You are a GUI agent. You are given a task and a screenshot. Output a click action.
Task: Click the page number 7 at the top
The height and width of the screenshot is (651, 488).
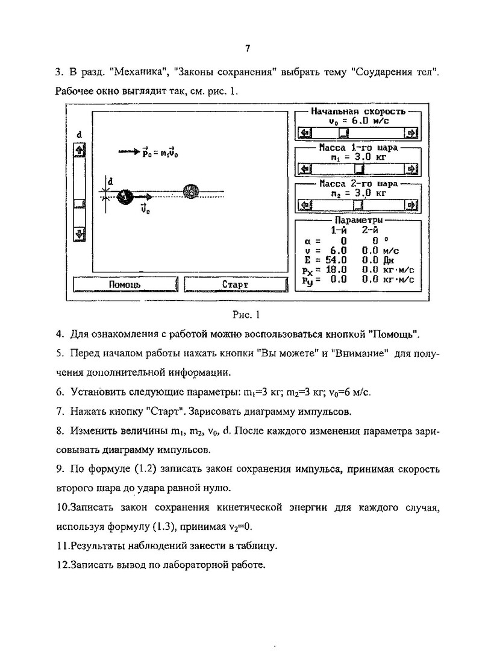248,49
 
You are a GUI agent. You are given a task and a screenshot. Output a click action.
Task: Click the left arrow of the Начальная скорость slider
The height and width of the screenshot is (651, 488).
305,133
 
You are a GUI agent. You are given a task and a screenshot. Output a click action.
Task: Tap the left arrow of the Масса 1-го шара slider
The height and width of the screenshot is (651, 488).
305,169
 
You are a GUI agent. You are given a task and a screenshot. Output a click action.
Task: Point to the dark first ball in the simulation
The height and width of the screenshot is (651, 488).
124,195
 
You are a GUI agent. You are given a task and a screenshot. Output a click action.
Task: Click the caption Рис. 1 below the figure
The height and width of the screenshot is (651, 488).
245,314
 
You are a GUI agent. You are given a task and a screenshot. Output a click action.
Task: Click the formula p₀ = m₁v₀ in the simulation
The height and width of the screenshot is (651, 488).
160,153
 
